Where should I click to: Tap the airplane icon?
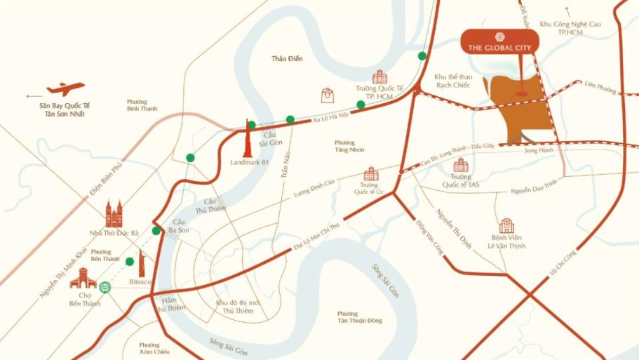[x=65, y=89]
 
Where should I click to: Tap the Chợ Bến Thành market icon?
[x=83, y=278]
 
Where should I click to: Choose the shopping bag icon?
[x=327, y=95]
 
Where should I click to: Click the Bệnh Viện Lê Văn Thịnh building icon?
[x=506, y=225]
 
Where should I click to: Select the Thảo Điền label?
[x=287, y=59]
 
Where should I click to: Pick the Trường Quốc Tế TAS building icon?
[x=461, y=165]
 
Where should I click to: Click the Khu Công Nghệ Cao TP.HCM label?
[x=570, y=28]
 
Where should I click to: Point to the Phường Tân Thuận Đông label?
[x=360, y=317]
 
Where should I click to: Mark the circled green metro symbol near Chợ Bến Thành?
[x=105, y=286]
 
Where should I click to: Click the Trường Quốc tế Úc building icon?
[x=371, y=174]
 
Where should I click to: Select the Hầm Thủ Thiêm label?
[x=169, y=304]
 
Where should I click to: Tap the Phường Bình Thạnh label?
[x=142, y=105]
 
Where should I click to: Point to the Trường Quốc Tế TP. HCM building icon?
[x=379, y=76]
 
